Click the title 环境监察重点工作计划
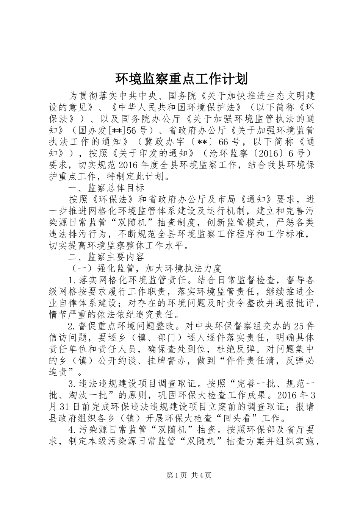point(181,79)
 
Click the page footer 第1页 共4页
point(188,476)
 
